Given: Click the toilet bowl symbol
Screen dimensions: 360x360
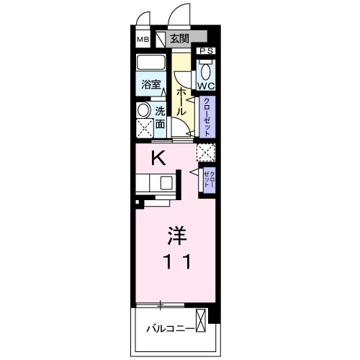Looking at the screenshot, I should [x=207, y=69].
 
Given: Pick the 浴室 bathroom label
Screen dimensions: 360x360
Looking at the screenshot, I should [x=150, y=84].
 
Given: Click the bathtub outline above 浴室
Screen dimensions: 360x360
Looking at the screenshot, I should [x=151, y=63].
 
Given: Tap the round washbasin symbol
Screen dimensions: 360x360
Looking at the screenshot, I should [x=143, y=111].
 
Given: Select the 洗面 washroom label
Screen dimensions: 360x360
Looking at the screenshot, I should [x=160, y=118].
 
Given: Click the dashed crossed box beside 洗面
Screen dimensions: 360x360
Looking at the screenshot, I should [x=144, y=129].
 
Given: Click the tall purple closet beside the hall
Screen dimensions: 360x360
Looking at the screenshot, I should [x=207, y=116].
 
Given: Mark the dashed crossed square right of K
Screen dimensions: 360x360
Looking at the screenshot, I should [x=206, y=152].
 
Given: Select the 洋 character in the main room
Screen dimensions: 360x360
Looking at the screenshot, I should [x=175, y=235].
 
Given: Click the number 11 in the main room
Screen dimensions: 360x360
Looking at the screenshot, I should [x=175, y=262].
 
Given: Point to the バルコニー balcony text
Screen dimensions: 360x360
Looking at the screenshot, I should [x=168, y=328].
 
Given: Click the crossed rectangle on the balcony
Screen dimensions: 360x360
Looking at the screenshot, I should [x=200, y=320].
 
